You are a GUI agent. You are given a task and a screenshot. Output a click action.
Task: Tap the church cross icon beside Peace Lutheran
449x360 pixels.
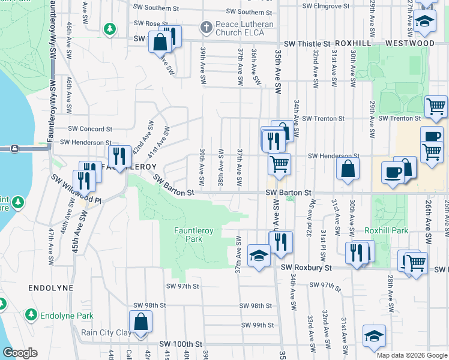(206, 28)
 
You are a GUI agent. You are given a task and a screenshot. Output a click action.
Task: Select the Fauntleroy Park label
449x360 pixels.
(194, 234)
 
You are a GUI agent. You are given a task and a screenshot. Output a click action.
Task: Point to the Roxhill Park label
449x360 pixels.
(386, 230)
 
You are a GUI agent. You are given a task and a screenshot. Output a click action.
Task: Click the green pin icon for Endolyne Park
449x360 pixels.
(31, 314)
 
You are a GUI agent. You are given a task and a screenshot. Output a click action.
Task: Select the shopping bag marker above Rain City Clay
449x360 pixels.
(140, 322)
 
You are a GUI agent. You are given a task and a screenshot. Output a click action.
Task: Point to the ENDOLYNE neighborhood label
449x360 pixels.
(50, 288)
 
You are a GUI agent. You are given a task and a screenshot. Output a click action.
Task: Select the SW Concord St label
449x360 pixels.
(90, 129)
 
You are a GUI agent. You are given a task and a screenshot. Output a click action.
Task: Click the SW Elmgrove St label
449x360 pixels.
(326, 6)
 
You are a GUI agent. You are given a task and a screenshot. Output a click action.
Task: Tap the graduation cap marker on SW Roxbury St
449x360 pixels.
(258, 257)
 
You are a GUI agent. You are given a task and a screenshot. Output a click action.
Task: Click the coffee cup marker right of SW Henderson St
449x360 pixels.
(393, 172)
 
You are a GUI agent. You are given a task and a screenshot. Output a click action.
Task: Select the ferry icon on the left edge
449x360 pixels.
(13, 148)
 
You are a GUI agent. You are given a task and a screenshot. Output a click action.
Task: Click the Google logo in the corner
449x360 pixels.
(20, 353)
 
